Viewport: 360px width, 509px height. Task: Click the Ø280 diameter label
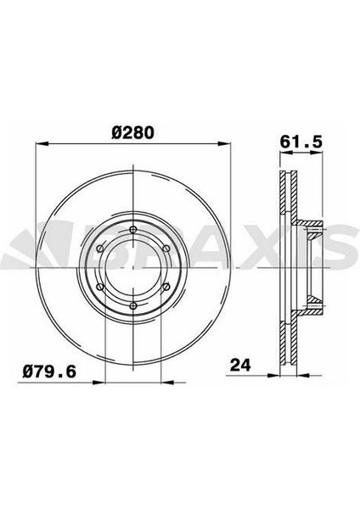[x=132, y=133]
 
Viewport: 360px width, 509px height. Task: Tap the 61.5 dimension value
[x=301, y=142]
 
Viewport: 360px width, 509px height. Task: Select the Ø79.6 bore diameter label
[x=49, y=372]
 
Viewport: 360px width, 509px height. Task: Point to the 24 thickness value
[x=240, y=365]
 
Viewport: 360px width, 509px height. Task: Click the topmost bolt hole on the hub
[x=133, y=230]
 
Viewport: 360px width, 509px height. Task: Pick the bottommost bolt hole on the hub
[x=133, y=305]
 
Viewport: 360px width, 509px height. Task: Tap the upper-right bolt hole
[x=166, y=249]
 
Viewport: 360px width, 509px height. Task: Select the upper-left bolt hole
[x=100, y=249]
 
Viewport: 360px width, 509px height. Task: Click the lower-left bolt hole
[x=100, y=287]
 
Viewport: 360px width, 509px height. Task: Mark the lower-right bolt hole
[x=166, y=287]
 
